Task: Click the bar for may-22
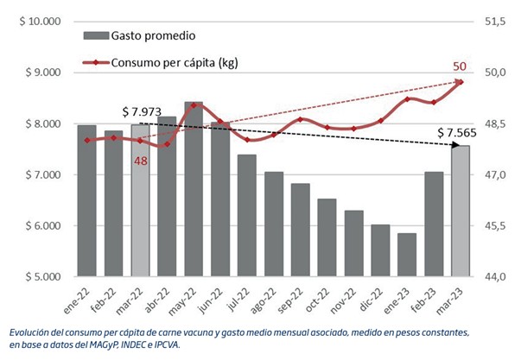point(194,190)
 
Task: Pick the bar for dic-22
point(379,250)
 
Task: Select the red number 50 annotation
point(460,66)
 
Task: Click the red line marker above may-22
point(194,105)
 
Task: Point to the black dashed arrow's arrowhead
point(453,145)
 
